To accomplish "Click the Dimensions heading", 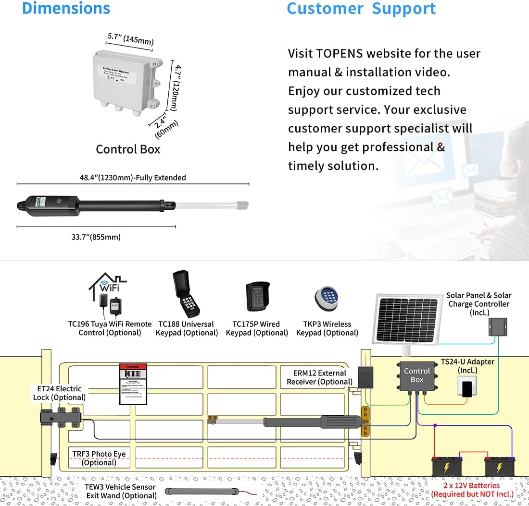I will pos(66,8).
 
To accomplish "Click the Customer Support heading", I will pos(361,8).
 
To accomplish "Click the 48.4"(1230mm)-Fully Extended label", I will pos(133,178).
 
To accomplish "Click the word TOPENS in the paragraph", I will pos(343,53).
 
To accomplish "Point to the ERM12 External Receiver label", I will pos(319,377).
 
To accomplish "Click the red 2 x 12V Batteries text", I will pos(472,490).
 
